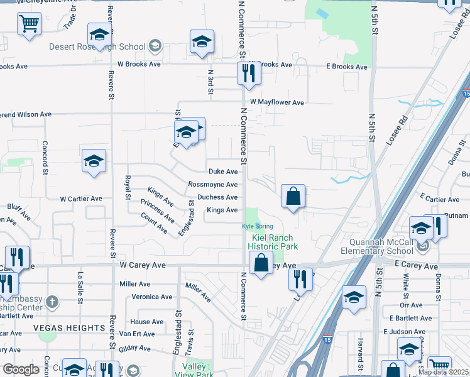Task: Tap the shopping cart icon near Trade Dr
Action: click(29, 25)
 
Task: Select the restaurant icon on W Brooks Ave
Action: click(249, 74)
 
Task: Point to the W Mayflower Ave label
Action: click(276, 102)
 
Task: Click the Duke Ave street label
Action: click(223, 172)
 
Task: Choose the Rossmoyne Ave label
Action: click(213, 185)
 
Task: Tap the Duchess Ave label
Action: click(217, 197)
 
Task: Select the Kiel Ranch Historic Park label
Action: click(274, 242)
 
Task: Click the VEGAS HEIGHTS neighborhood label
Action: click(69, 328)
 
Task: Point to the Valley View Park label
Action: click(194, 370)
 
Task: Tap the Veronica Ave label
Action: click(151, 297)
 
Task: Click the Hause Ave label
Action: click(147, 322)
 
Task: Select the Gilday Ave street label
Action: click(136, 347)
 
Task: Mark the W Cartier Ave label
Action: click(80, 199)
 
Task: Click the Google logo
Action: click(21, 369)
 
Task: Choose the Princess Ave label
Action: click(158, 211)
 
